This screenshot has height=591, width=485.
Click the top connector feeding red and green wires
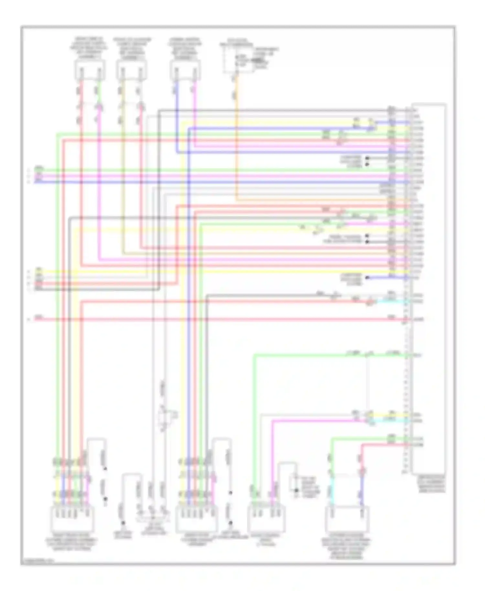tap(90, 70)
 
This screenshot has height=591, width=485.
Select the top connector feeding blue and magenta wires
tap(185, 70)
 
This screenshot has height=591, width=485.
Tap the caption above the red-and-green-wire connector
tap(89, 48)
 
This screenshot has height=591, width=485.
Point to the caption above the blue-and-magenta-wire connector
tap(185, 48)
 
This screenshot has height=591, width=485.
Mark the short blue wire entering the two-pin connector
tap(362, 495)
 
